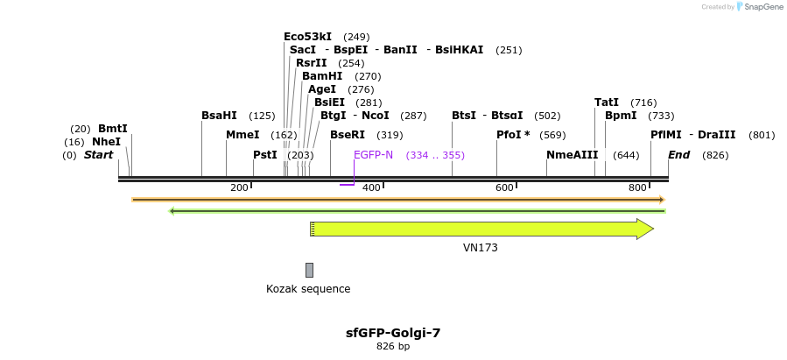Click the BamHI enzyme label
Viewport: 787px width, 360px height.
pyautogui.click(x=322, y=76)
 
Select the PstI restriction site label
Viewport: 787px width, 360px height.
pyautogui.click(x=264, y=155)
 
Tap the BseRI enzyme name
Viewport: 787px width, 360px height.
pyautogui.click(x=348, y=135)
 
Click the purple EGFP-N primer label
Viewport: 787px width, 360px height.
pyautogui.click(x=373, y=155)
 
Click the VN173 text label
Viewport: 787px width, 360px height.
pyautogui.click(x=480, y=248)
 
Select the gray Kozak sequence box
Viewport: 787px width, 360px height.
pyautogui.click(x=309, y=270)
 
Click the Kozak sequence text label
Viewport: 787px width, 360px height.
pyautogui.click(x=308, y=289)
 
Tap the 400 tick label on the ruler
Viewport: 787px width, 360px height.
pyautogui.click(x=371, y=187)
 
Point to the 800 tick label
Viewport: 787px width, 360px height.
pyautogui.click(x=637, y=187)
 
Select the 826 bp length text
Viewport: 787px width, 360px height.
pyautogui.click(x=393, y=347)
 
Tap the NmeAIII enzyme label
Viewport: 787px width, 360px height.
pyautogui.click(x=572, y=155)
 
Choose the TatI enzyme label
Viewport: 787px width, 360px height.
pyautogui.click(x=607, y=102)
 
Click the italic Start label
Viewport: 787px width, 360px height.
pyautogui.click(x=98, y=155)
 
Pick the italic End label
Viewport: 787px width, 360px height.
pyautogui.click(x=679, y=155)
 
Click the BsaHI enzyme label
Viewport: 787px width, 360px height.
pyautogui.click(x=219, y=116)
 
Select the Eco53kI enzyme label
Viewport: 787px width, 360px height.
pyautogui.click(x=307, y=37)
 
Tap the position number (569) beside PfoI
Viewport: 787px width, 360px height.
pyautogui.click(x=552, y=136)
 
